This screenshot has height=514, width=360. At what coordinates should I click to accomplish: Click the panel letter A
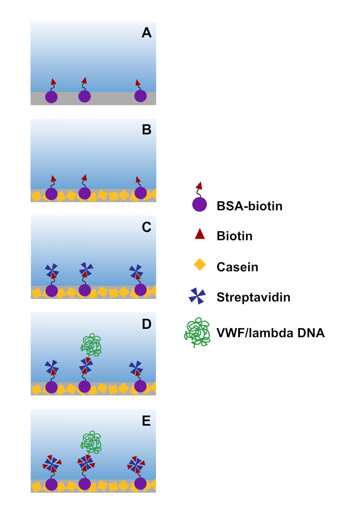[147, 33]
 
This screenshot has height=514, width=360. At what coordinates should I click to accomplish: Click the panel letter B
[147, 130]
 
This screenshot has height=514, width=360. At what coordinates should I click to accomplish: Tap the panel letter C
[147, 227]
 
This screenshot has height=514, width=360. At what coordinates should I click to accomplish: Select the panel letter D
[147, 324]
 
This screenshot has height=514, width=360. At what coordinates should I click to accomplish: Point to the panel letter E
[147, 421]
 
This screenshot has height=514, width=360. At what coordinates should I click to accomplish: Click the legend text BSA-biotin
[249, 206]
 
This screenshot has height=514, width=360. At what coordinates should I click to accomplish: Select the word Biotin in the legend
[234, 236]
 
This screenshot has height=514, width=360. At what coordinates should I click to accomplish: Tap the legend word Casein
[237, 267]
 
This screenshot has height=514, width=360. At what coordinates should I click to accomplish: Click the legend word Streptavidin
[253, 297]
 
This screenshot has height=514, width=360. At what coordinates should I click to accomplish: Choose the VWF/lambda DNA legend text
[271, 333]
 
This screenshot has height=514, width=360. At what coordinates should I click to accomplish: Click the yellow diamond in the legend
[200, 265]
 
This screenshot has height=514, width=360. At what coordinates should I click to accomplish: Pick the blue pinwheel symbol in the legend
[197, 296]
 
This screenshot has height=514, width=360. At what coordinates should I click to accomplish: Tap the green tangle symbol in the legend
[197, 332]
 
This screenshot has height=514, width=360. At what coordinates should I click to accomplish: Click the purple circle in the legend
[200, 204]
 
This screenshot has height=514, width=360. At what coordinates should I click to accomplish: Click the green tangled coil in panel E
[91, 443]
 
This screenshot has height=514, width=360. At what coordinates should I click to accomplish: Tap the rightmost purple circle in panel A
[141, 96]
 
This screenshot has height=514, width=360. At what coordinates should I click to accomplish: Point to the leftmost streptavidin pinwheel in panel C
[52, 271]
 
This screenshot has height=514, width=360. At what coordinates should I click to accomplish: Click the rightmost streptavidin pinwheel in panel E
[136, 465]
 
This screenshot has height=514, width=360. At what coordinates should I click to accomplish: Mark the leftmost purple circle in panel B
[51, 194]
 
